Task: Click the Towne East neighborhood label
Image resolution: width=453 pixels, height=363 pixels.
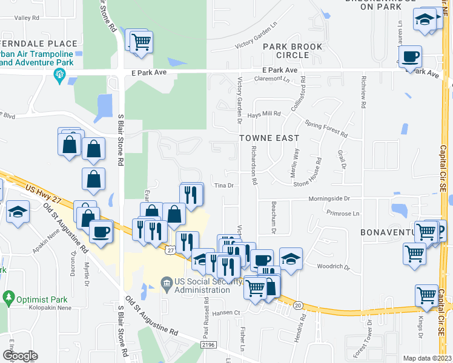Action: [x=268, y=138]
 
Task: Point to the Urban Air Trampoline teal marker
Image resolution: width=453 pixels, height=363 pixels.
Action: [x=60, y=76]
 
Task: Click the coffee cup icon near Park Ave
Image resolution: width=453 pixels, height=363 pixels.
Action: [x=411, y=57]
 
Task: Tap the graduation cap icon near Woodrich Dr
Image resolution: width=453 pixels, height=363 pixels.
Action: [x=291, y=259]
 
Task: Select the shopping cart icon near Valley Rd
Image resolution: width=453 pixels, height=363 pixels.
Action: [x=141, y=42]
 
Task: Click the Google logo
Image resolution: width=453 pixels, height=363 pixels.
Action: [x=20, y=355]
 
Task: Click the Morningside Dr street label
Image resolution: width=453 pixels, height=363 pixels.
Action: [x=329, y=198]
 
